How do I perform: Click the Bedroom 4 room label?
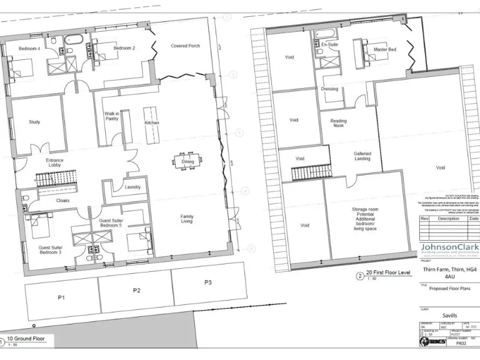pos(29,49)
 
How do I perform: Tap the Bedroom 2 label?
pos(124,48)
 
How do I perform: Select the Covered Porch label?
pos(186,46)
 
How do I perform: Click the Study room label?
pos(34,122)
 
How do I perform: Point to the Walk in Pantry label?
pos(112,116)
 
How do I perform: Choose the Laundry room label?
pos(132,187)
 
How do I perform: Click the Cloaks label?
pos(62,201)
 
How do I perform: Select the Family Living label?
pos(187,218)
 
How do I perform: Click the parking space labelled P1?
pos(61,297)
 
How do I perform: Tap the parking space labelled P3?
pos(208,283)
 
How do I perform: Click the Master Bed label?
pos(385,49)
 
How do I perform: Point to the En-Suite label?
pos(329,46)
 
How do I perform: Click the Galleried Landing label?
pos(362,156)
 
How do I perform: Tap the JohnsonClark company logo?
pos(449,248)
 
